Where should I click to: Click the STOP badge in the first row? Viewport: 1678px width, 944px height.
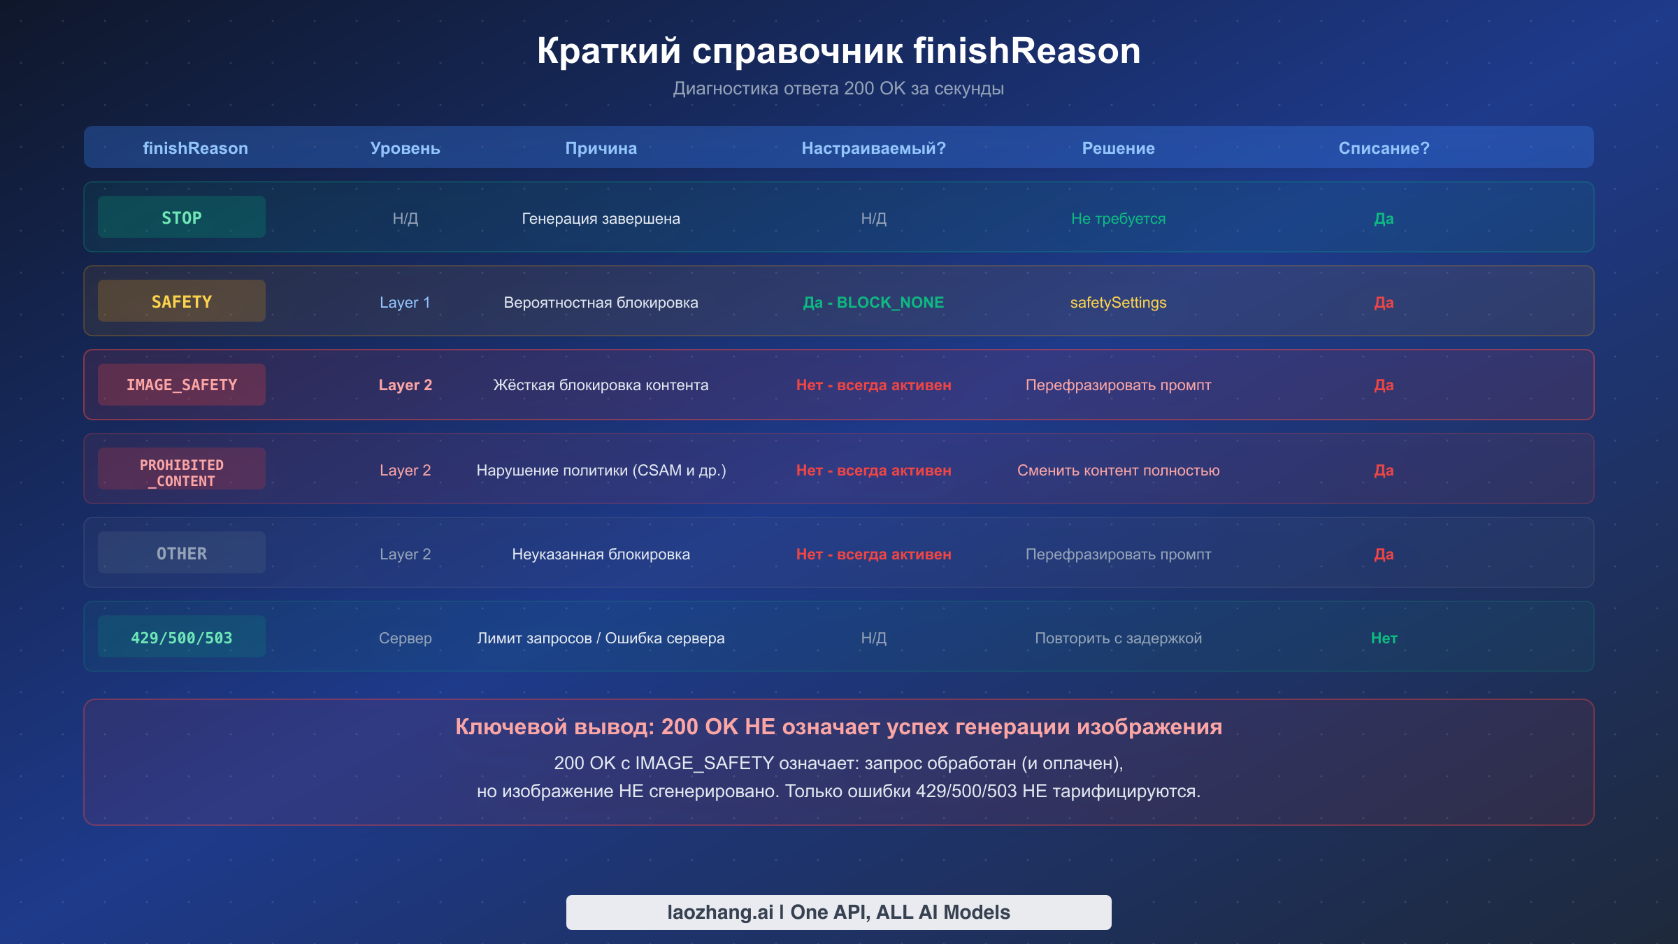(x=181, y=217)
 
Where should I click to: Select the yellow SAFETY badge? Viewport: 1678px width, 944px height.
(x=181, y=301)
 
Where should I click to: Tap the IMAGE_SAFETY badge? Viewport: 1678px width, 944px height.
(x=181, y=385)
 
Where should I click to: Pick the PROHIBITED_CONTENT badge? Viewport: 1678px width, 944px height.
(x=181, y=469)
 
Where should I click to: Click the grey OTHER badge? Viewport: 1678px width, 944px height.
(x=181, y=553)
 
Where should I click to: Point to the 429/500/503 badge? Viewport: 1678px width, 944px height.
(x=181, y=637)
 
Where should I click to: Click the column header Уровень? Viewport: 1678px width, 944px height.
(x=405, y=148)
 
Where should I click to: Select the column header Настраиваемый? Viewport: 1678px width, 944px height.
(x=873, y=148)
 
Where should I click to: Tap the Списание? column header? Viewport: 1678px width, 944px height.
(x=1384, y=148)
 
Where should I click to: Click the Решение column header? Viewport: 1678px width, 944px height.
(x=1118, y=148)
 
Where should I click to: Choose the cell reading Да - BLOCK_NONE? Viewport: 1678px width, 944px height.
(x=873, y=302)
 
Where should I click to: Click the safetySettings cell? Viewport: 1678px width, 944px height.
(x=1118, y=302)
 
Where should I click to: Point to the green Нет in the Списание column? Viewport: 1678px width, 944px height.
(x=1384, y=638)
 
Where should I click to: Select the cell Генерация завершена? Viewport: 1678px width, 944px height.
(x=601, y=218)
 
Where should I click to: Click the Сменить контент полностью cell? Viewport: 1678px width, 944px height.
(x=1118, y=470)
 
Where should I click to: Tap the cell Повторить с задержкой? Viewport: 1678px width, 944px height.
(x=1118, y=638)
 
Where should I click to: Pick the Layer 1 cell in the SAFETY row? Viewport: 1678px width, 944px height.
(x=405, y=302)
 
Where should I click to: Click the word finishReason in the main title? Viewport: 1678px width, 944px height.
(x=1026, y=50)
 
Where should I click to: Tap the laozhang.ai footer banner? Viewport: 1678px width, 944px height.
(x=838, y=912)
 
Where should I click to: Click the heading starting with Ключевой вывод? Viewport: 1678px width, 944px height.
(x=838, y=727)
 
